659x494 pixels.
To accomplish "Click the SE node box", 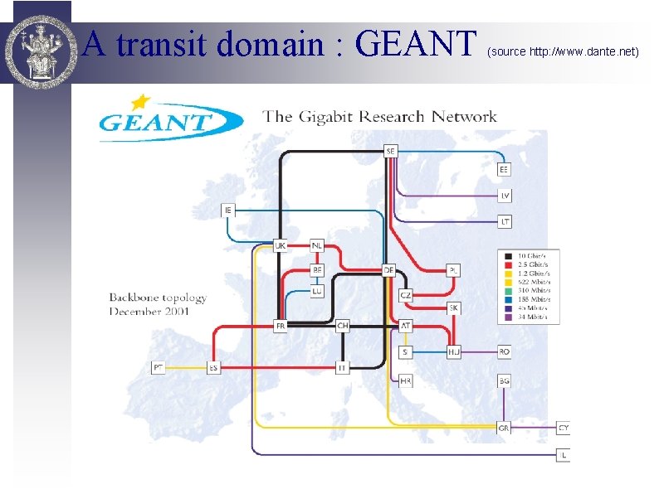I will [391, 151].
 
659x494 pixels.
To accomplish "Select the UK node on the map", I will [281, 245].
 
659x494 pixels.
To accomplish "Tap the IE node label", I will [228, 211].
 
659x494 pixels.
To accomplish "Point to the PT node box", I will [159, 367].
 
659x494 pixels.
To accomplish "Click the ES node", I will [213, 367].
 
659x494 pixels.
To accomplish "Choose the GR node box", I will [504, 429].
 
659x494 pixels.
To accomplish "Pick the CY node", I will [564, 428].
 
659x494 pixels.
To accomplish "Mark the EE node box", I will [504, 169].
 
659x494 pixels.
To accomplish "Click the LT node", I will [505, 221].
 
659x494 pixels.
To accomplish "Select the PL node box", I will [453, 270].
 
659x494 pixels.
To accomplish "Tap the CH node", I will [343, 326].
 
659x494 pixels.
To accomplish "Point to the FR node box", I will [281, 326].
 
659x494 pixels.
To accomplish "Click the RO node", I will [505, 351].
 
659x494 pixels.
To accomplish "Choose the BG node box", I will [505, 380].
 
